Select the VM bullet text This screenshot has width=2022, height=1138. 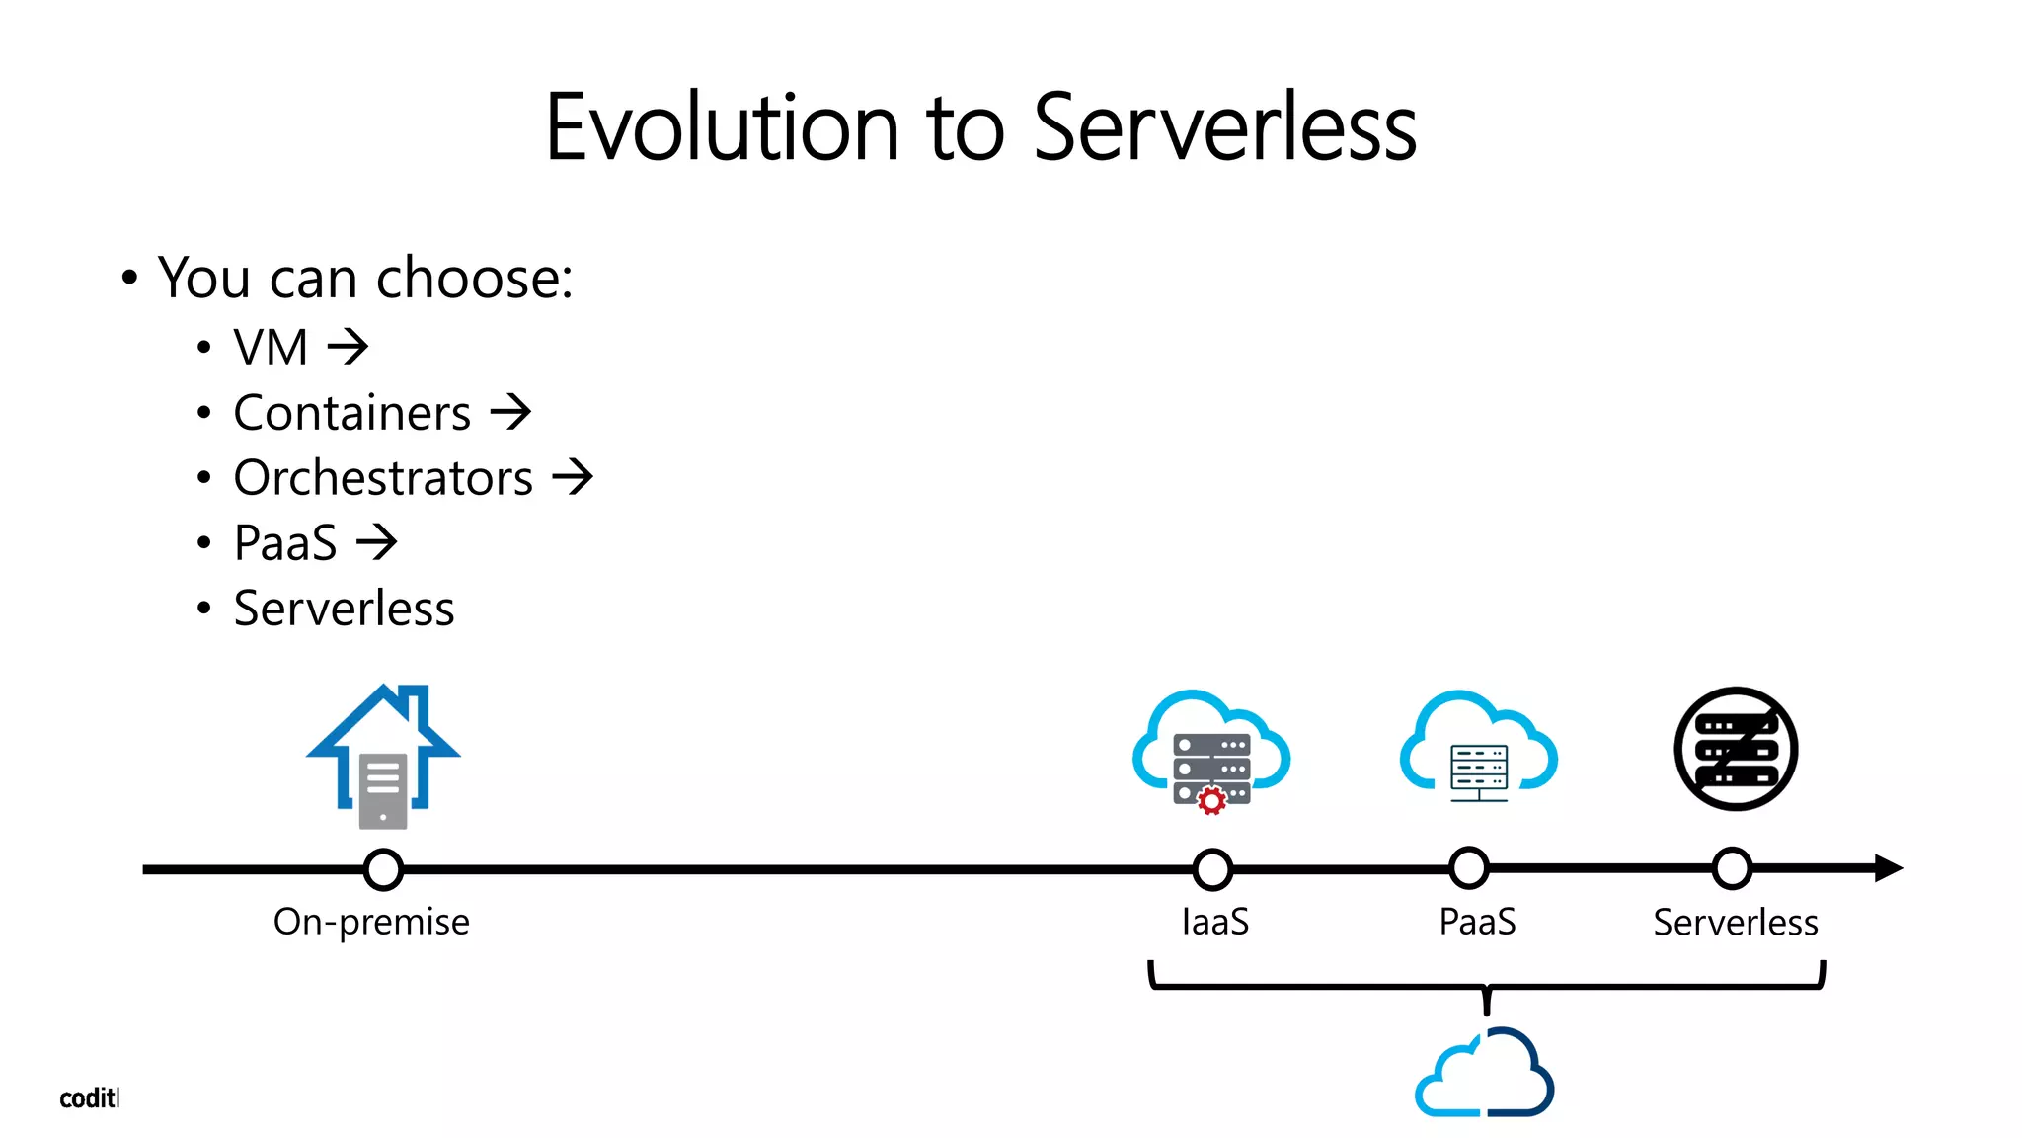click(271, 348)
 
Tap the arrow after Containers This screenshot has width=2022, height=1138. click(510, 412)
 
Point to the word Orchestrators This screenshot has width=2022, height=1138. click(383, 478)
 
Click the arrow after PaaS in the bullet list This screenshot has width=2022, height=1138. click(376, 542)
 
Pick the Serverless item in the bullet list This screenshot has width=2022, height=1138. click(344, 609)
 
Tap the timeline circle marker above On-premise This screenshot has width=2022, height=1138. click(383, 869)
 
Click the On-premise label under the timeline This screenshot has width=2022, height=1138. click(371, 922)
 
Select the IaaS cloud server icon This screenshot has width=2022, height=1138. click(1210, 751)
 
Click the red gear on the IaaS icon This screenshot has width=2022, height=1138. click(1211, 800)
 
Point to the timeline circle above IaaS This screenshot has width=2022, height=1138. click(1211, 869)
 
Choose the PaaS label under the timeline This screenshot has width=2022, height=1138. click(1477, 922)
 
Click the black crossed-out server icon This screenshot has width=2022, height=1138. click(1736, 749)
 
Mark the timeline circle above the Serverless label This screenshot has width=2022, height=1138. click(1732, 868)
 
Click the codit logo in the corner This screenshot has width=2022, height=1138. click(88, 1098)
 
